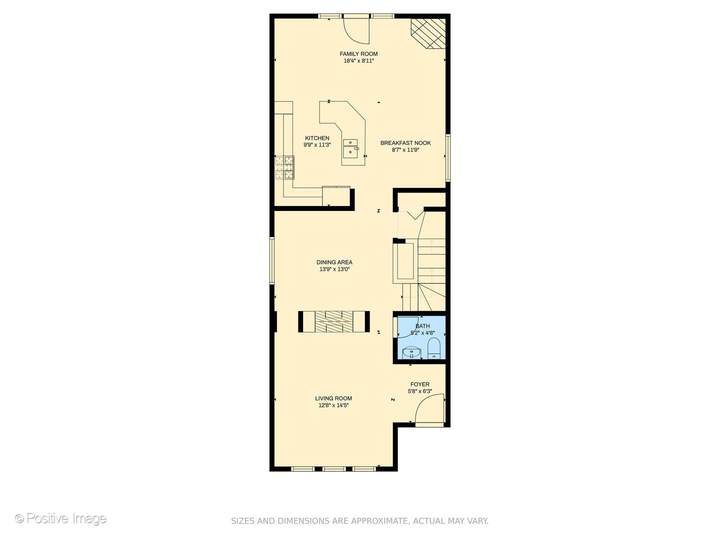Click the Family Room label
(358, 54)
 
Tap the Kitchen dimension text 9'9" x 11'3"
(317, 145)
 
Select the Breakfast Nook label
(405, 143)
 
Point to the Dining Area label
(334, 262)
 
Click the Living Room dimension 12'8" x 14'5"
(333, 405)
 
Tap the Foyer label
(419, 384)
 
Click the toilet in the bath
(433, 348)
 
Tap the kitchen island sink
(350, 147)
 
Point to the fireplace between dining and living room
(334, 321)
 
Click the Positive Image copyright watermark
(60, 518)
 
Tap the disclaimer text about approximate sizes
(359, 521)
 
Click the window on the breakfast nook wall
(448, 157)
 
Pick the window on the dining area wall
(272, 260)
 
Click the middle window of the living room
(333, 469)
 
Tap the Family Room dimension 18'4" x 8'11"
(358, 61)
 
